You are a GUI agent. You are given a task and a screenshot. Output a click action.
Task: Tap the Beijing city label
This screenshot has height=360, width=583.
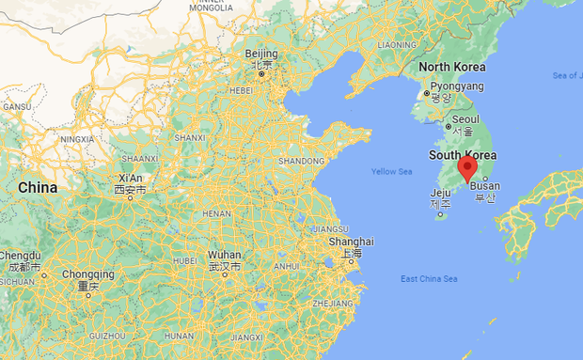(260, 54)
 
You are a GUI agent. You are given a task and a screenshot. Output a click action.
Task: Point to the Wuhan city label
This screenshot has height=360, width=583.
(225, 256)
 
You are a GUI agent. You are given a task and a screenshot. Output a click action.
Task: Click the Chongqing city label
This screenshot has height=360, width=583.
(89, 274)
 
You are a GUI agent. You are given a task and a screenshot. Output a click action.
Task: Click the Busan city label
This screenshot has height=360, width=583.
(486, 186)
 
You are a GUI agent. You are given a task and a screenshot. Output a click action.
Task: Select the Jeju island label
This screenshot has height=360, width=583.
(440, 193)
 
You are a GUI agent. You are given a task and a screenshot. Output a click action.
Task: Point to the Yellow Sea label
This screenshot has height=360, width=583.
(391, 171)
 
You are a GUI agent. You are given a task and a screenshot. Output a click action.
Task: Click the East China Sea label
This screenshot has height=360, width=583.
(429, 279)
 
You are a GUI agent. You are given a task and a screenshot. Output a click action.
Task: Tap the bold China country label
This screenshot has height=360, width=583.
(38, 188)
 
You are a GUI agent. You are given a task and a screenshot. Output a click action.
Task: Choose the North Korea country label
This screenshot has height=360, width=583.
(452, 67)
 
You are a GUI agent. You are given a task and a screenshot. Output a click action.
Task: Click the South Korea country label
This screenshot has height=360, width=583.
(463, 155)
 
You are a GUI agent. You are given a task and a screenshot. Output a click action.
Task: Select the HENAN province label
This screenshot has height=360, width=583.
(217, 213)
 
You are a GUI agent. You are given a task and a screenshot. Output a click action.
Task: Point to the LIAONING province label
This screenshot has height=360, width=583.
(396, 44)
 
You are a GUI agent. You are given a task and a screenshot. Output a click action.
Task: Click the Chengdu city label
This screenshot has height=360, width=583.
(20, 256)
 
